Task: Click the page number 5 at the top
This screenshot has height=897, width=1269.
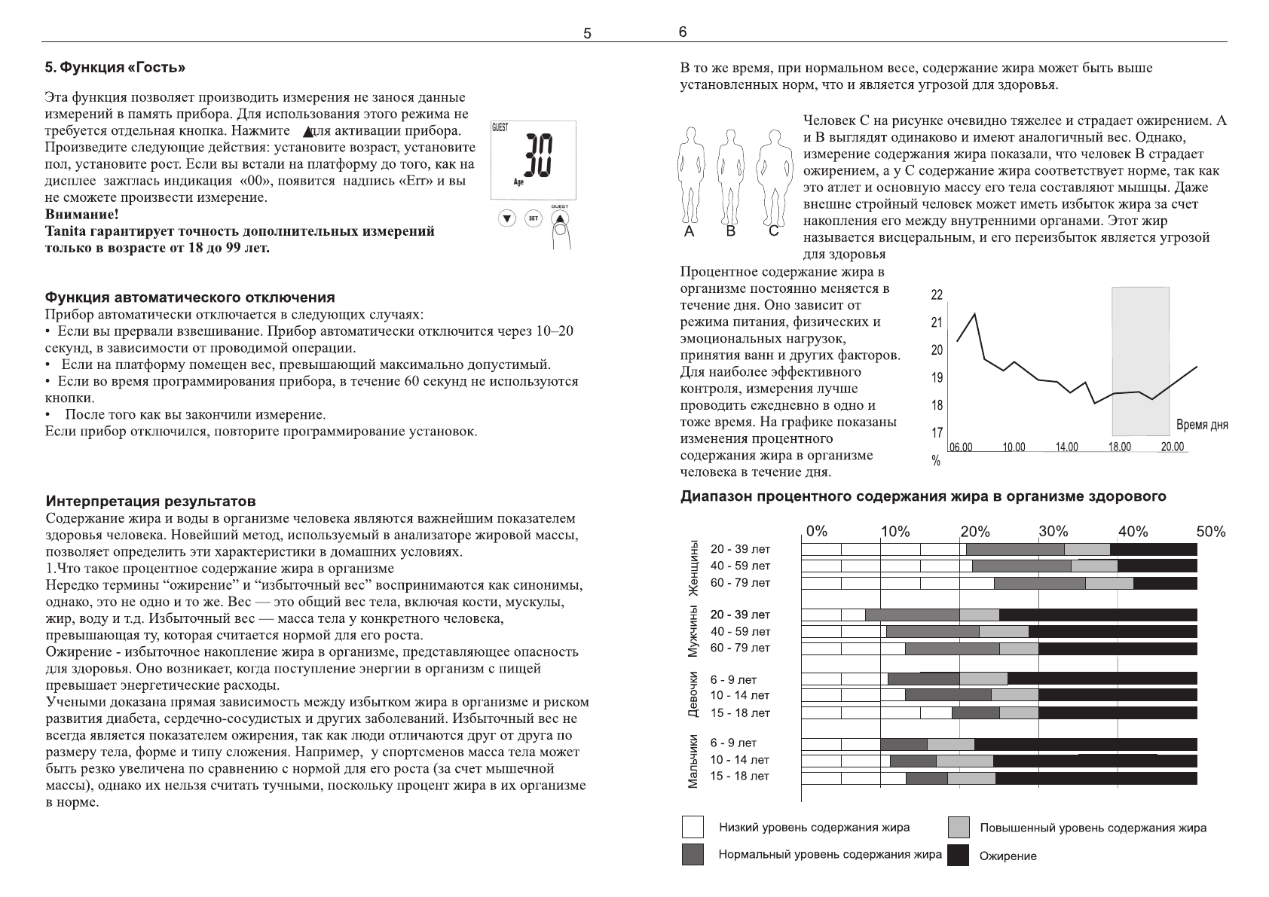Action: point(588,33)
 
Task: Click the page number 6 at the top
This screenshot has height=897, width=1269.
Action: point(682,32)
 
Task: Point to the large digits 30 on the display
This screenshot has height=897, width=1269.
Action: point(538,157)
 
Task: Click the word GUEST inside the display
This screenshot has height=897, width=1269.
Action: point(500,128)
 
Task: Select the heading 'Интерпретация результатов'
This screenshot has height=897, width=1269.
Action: point(151,501)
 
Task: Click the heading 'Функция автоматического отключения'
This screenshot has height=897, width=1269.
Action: point(191,297)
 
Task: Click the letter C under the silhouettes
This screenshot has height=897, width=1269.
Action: point(773,232)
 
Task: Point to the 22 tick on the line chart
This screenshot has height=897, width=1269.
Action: point(937,295)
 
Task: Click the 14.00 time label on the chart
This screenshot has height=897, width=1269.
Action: point(1066,447)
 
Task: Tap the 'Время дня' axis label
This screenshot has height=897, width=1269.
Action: point(1202,425)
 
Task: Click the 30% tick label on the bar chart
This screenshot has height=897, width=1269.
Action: point(1053,532)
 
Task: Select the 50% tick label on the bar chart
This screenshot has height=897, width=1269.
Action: point(1211,532)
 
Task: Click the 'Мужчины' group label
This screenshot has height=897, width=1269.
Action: point(693,631)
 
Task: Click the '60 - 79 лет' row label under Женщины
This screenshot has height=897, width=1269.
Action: point(740,583)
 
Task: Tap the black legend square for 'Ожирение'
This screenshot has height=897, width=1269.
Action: point(958,855)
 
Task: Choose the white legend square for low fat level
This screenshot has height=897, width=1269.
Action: point(693,827)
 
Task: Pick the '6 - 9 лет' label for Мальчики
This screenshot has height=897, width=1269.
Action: point(733,743)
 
